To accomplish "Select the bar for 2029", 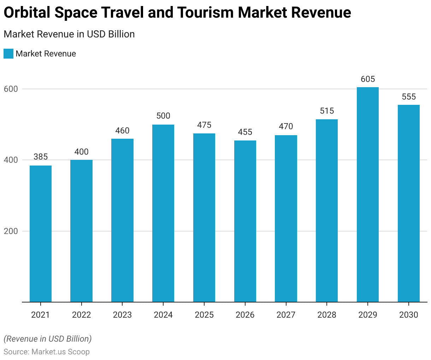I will tap(367, 194).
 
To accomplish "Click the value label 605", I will tap(368, 79).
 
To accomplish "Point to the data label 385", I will tap(41, 157).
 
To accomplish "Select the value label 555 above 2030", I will tap(409, 97).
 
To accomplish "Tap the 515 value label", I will tap(327, 111).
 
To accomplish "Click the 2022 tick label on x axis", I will tap(81, 314).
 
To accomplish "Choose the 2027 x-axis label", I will tap(286, 314).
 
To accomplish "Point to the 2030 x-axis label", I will tap(409, 314).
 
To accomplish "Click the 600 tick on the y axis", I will tap(11, 89).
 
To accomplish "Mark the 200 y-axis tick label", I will tap(11, 231).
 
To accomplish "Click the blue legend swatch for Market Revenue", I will tap(8, 54).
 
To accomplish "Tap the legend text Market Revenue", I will tap(46, 54).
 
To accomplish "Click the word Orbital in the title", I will tap(26, 13).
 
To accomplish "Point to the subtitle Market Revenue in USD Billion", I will tap(69, 34).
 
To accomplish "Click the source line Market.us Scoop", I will tap(47, 352).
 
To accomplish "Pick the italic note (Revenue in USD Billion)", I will tap(48, 339).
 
